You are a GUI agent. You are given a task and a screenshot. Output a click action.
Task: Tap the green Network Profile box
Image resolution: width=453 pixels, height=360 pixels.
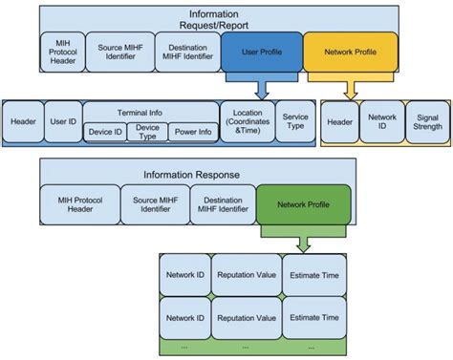304,203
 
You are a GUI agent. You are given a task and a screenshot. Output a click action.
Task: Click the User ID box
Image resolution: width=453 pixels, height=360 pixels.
62,122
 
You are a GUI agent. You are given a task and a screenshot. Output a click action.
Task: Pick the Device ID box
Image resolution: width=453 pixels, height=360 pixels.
105,132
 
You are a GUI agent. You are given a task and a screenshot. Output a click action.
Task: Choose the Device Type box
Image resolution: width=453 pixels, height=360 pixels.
147,132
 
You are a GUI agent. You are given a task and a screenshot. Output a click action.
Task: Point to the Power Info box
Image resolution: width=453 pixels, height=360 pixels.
192,132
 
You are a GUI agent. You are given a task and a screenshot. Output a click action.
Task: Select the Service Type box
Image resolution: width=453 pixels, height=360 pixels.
295,122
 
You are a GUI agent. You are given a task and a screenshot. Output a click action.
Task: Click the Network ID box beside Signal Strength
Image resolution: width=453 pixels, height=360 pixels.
380,122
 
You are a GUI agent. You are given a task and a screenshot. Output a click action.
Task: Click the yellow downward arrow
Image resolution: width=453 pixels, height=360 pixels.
350,88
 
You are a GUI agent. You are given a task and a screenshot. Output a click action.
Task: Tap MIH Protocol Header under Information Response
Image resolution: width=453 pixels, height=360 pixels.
79,203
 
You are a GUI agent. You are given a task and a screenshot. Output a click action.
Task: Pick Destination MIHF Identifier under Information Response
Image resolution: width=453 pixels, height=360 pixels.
221,203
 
